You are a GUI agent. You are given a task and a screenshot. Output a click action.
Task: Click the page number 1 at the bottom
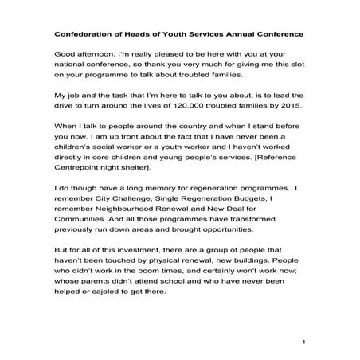pos(304,342)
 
